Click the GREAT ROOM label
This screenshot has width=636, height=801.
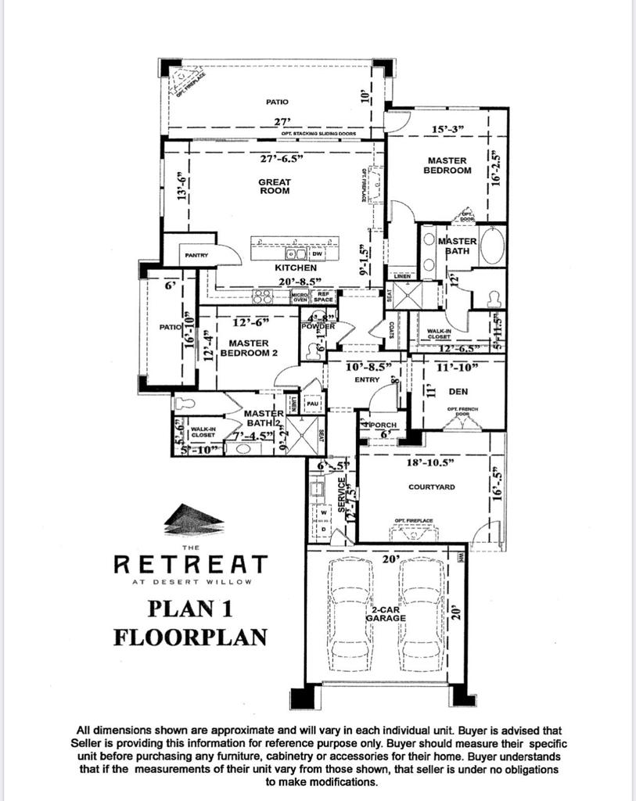275,186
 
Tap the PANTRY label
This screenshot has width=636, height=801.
196,255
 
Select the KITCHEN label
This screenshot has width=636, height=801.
295,268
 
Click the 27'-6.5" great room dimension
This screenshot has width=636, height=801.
282,159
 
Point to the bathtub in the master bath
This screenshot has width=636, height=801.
492,246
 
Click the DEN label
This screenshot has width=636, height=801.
458,391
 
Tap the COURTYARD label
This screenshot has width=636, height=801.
432,487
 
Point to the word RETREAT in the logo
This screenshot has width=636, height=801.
191,563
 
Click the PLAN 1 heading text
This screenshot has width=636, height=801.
189,609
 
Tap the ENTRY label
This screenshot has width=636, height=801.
367,380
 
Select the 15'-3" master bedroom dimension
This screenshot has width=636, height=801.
448,129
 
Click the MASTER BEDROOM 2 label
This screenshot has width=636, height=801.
248,348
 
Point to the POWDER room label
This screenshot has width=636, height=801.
318,326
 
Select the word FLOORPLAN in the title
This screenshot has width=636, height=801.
189,638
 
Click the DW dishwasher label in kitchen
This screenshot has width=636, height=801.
317,254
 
